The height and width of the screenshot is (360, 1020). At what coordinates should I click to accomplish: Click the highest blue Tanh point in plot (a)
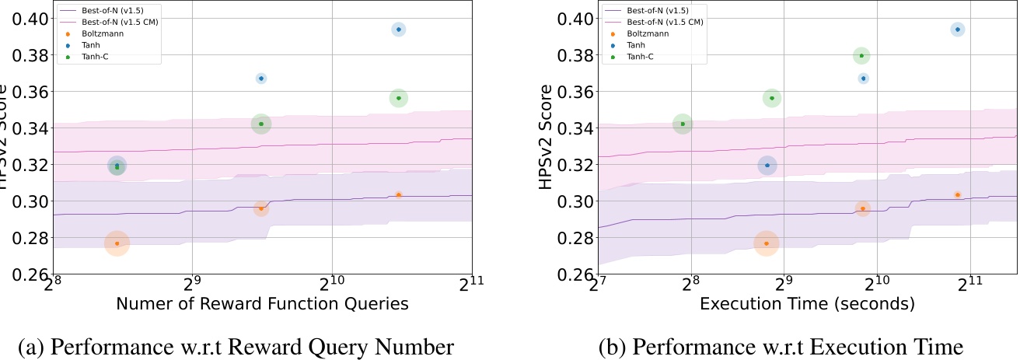click(x=398, y=30)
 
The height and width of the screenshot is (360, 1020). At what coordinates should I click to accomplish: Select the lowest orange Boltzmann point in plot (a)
click(x=117, y=243)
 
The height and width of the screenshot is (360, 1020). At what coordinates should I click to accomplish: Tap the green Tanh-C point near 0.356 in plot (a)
click(x=398, y=98)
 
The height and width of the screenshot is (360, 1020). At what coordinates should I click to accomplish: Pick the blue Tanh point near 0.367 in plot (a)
click(x=261, y=79)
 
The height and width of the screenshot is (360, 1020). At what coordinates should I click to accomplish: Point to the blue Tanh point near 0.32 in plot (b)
click(x=767, y=165)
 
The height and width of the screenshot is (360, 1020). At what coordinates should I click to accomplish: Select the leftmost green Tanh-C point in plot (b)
click(x=683, y=124)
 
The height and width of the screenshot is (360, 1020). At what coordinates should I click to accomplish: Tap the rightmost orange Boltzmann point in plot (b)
click(x=957, y=194)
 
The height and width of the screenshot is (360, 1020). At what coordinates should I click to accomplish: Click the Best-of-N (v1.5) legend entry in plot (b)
click(x=649, y=11)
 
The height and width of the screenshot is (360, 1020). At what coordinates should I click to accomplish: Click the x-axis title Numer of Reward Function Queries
click(x=263, y=305)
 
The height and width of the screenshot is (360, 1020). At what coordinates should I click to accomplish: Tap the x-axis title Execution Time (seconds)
click(x=807, y=305)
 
